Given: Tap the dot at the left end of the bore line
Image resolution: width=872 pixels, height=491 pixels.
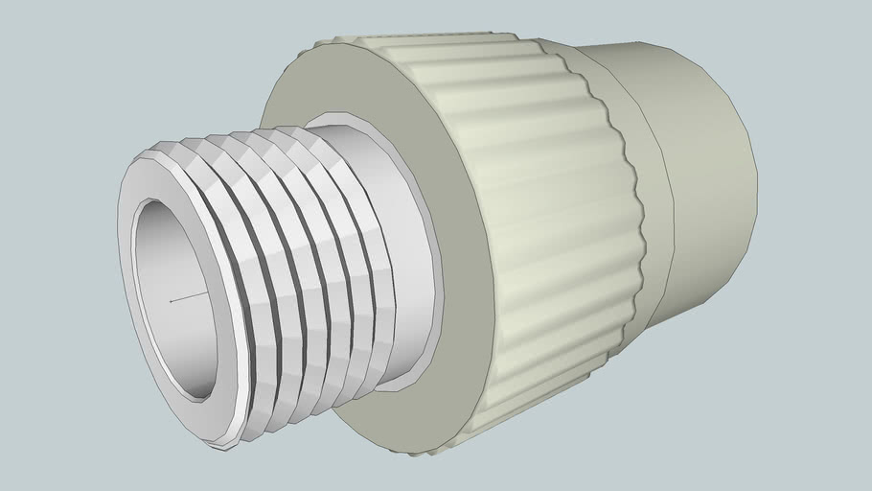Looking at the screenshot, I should click(x=172, y=301).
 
